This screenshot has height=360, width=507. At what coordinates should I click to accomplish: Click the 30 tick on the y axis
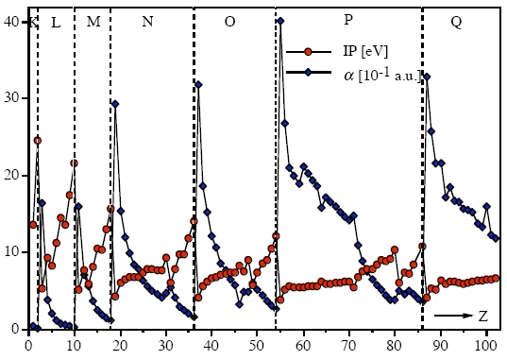[x=12, y=98]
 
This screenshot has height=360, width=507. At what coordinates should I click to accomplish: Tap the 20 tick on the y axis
[x=12, y=176]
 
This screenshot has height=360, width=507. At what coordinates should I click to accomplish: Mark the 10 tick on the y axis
[x=12, y=252]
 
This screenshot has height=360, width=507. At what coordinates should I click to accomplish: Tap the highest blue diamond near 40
[x=280, y=21]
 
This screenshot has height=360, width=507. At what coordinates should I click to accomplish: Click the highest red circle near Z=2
[x=38, y=140]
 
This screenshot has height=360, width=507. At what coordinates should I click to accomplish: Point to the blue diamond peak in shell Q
[x=427, y=77]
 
